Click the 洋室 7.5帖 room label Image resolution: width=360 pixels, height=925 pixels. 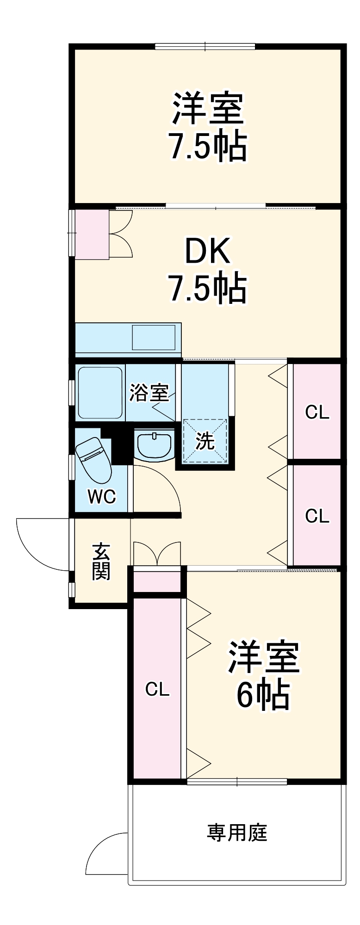(x=208, y=127)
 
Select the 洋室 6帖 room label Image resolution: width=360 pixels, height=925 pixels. (x=263, y=675)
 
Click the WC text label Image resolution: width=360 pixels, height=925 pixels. (x=102, y=497)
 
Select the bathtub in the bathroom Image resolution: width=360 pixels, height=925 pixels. (x=99, y=393)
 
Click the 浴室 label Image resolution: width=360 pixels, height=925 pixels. (x=149, y=393)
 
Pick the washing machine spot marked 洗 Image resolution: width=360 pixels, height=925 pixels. (x=205, y=441)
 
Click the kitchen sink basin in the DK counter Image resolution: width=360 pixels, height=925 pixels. (x=154, y=338)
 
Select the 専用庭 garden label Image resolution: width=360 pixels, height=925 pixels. (x=237, y=832)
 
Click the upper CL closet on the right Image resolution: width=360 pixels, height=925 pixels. (x=317, y=412)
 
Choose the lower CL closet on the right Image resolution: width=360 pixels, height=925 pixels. (x=317, y=515)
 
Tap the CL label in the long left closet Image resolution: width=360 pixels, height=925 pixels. (x=157, y=690)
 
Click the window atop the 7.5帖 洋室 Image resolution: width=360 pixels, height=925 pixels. (x=205, y=46)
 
